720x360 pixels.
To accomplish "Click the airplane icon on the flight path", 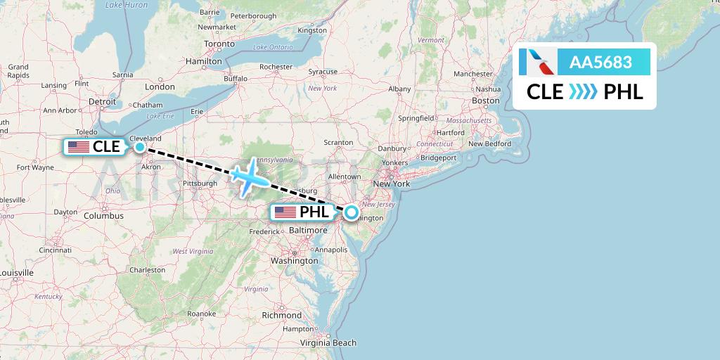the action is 249,176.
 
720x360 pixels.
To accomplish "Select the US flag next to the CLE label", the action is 79,147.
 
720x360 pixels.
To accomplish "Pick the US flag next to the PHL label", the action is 285,212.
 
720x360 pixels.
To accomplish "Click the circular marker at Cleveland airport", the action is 140,147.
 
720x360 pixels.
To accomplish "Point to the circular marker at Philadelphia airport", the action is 351,212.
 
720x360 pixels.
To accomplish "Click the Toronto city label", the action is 219,44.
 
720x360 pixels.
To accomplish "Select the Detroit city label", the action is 102,101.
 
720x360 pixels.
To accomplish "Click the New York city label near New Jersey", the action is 392,184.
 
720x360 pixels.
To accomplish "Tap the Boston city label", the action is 485,101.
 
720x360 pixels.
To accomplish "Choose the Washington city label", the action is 295,261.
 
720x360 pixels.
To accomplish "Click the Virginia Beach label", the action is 328,343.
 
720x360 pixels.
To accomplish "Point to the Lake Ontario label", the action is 272,47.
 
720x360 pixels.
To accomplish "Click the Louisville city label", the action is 16,272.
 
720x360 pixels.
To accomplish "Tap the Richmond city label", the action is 281,315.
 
